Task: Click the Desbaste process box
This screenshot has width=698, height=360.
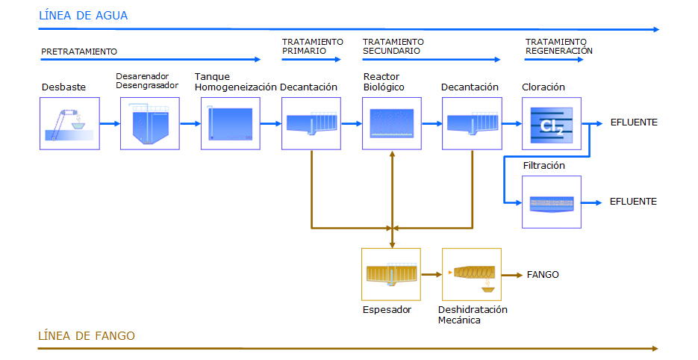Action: pyautogui.click(x=69, y=123)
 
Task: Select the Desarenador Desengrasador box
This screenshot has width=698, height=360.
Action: pyautogui.click(x=150, y=123)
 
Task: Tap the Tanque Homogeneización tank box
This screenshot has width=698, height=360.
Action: pyautogui.click(x=231, y=123)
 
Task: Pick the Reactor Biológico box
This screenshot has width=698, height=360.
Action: pyautogui.click(x=392, y=123)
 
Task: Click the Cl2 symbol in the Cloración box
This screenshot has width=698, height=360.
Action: pyautogui.click(x=552, y=126)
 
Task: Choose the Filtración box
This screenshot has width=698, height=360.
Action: pyautogui.click(x=552, y=202)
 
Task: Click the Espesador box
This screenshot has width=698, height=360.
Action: pyautogui.click(x=391, y=274)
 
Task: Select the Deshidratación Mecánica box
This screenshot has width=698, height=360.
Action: pyautogui.click(x=472, y=274)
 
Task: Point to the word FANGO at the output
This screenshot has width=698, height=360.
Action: pyautogui.click(x=543, y=274)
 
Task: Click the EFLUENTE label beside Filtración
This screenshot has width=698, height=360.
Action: pyautogui.click(x=633, y=202)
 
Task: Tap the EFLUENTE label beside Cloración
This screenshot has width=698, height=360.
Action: pyautogui.click(x=634, y=122)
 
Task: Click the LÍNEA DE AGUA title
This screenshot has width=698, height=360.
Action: pyautogui.click(x=84, y=16)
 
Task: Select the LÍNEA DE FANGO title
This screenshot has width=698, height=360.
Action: pyautogui.click(x=87, y=335)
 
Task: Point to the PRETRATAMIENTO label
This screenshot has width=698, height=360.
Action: pyautogui.click(x=79, y=52)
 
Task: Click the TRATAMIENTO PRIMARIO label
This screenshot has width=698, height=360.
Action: pyautogui.click(x=313, y=46)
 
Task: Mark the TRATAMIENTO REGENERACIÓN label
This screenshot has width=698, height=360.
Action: pyautogui.click(x=558, y=46)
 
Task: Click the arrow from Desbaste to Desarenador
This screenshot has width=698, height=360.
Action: pyautogui.click(x=110, y=123)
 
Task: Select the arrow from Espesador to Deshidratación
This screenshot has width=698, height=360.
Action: pyautogui.click(x=431, y=274)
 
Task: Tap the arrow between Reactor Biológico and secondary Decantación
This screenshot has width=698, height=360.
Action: pyautogui.click(x=431, y=123)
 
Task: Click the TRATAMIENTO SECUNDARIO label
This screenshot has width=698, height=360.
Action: pyautogui.click(x=393, y=46)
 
